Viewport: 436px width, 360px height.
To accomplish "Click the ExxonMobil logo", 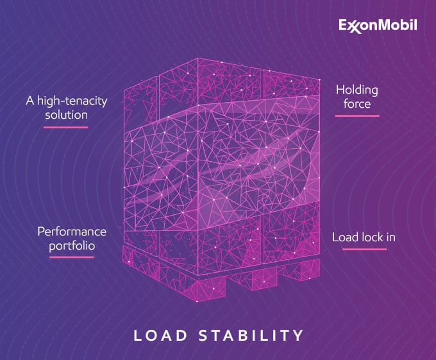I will pos(378,26).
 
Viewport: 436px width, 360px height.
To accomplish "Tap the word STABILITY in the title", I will pos(253,335).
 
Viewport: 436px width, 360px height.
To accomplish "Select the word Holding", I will pos(357,90).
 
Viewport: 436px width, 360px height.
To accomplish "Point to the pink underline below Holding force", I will pos(357,116).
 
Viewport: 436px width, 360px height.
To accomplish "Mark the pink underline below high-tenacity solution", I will pos(65,127).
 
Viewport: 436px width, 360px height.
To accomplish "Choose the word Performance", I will pos(72,231).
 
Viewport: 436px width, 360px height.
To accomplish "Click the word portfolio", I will pos(72,244).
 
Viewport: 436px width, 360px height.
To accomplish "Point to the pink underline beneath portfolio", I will pos(72,257).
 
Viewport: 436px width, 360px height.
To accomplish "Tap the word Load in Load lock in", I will pos(344,237).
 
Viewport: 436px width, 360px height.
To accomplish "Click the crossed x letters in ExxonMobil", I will pos(355,26).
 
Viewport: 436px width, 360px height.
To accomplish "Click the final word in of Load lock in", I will pos(390,237).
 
